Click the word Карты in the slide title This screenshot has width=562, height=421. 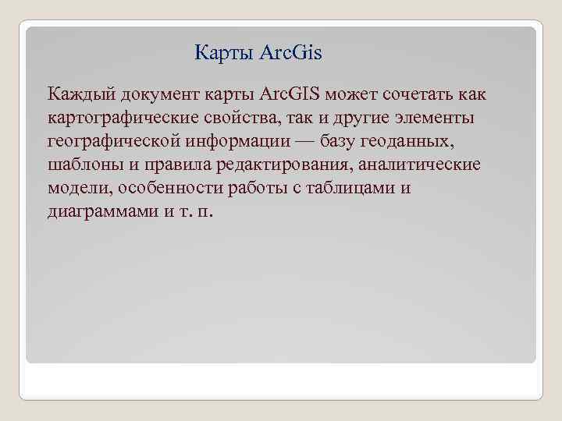click(220, 53)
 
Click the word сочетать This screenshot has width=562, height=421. click(404, 95)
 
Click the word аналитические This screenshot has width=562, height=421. click(429, 165)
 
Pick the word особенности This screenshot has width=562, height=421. click(166, 189)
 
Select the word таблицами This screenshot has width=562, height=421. click(345, 189)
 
